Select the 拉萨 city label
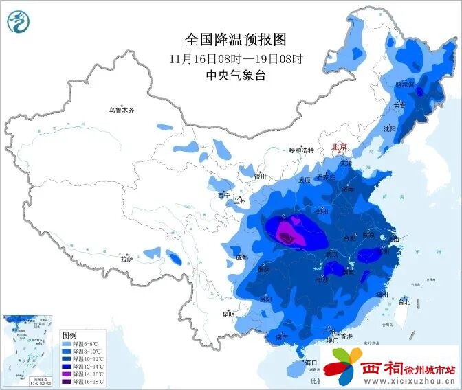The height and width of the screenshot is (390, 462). click(126, 260)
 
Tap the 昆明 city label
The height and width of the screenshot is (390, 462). click(228, 314)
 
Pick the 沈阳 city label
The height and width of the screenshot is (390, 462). click(390, 128)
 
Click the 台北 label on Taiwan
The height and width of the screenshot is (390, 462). click(404, 301)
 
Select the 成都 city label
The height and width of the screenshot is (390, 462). click(241, 257)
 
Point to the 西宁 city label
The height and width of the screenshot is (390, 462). click(223, 195)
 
